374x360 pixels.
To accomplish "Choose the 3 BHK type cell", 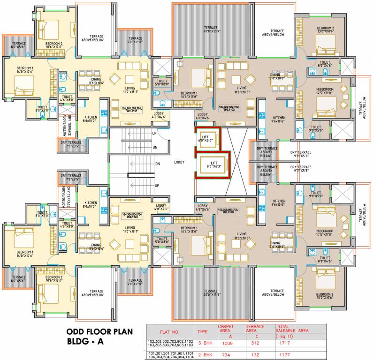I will coord(202,343).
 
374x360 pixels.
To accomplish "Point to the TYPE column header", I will coord(202,331).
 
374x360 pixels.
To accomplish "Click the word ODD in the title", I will coord(76,332).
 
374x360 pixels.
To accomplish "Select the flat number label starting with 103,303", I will coord(229,211).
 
